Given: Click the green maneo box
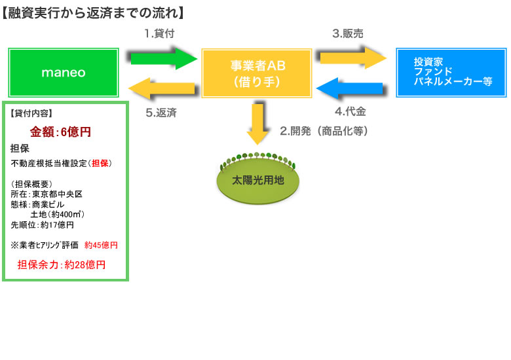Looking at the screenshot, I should point(64,72).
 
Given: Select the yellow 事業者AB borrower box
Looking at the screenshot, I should point(257,72).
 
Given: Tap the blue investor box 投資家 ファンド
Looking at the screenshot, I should point(451,72).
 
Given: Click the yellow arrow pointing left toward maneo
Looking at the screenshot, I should point(163,87).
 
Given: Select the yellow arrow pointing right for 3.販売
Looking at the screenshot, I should point(352,58).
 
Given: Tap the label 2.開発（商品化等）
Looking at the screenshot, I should point(324,131).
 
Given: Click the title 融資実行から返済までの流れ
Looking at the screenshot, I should point(92,12).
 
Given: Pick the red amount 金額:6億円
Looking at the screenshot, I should point(60,132).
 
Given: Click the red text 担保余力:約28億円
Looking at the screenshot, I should point(61,264).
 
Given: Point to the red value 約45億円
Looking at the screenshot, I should point(101,245).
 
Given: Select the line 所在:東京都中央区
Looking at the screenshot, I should point(47,194).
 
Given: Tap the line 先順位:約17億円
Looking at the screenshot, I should point(43,225).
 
